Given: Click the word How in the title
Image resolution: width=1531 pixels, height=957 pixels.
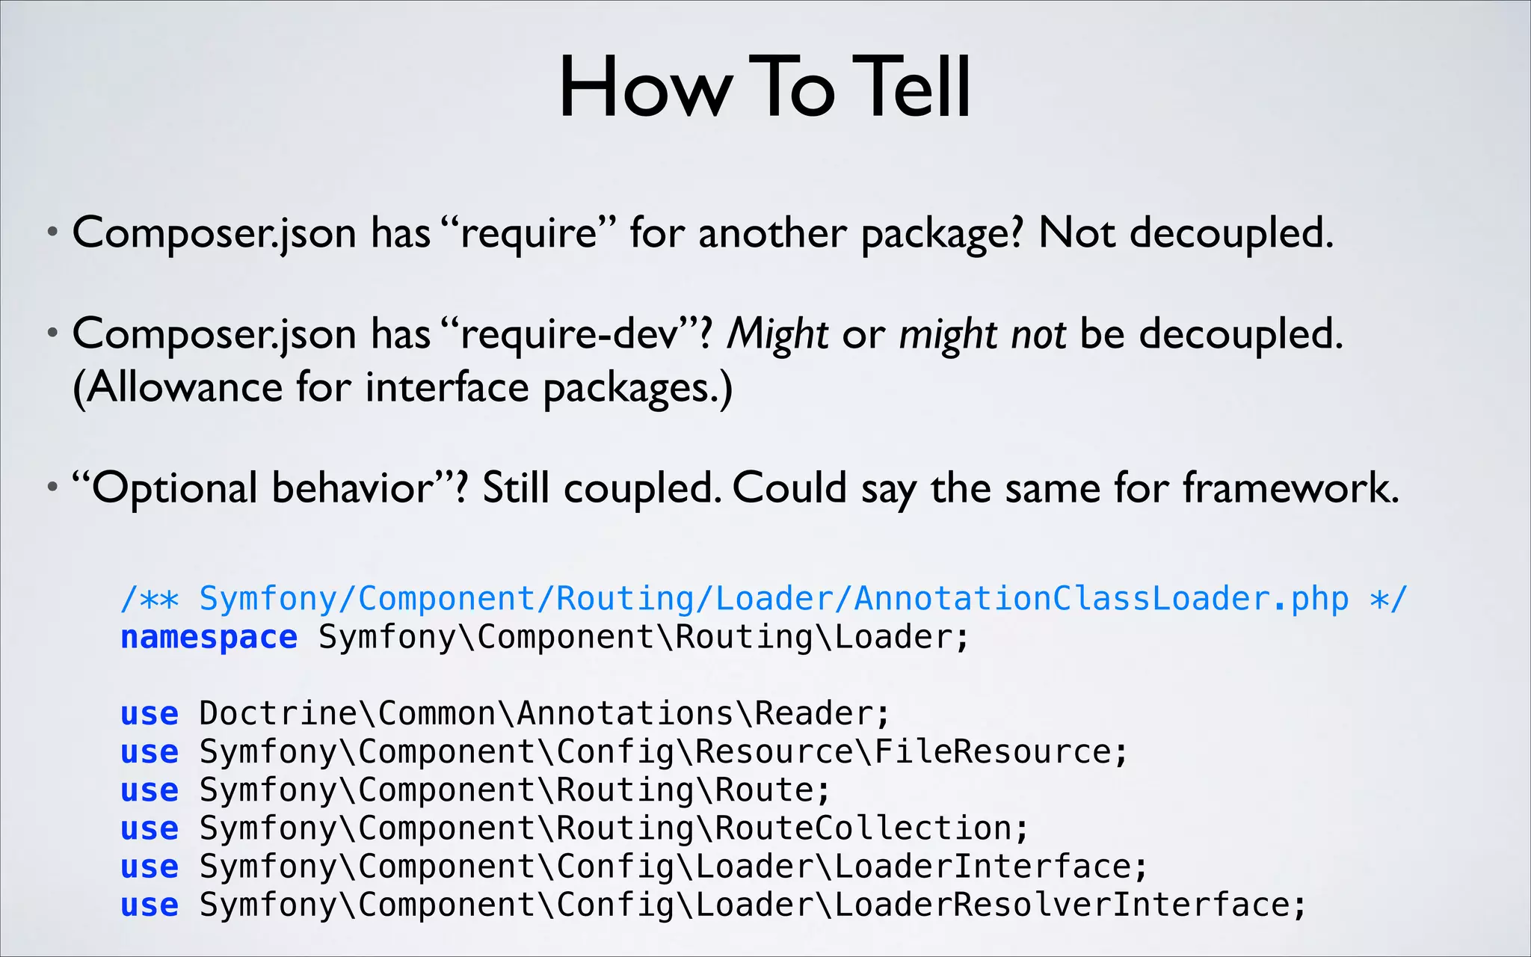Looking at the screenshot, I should coord(644,87).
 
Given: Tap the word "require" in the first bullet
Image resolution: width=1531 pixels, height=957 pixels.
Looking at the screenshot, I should coord(529,233).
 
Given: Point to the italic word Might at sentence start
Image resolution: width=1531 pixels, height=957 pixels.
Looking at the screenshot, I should coord(777,333).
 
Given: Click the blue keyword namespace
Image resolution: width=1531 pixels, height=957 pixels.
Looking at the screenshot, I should coord(209,637).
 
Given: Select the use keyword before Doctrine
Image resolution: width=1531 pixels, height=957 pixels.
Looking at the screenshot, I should coord(150,713).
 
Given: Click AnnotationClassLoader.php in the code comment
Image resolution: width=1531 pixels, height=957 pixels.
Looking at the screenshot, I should coord(1101,598).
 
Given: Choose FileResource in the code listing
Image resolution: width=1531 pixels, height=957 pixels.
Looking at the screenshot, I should coord(993,751).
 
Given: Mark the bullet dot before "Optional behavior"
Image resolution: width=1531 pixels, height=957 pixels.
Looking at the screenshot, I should coord(52,488).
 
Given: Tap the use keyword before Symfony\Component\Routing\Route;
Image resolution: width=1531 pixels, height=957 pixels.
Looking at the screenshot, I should coord(150,790).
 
